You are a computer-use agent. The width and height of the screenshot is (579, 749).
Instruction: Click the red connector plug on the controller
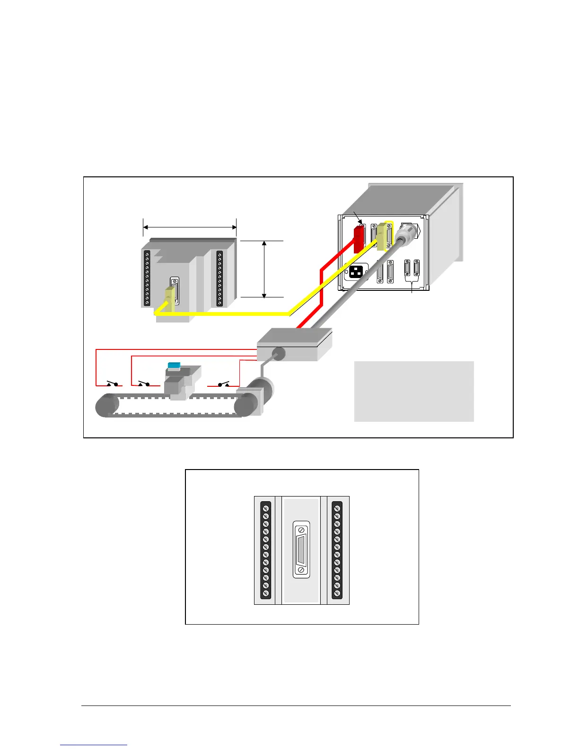coord(359,239)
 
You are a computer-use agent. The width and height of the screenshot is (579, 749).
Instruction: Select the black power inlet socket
coord(356,272)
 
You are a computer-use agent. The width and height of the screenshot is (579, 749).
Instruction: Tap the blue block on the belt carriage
coord(175,366)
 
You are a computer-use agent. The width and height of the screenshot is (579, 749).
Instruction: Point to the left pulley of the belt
coord(107,406)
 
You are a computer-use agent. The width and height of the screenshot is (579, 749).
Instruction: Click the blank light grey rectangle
coord(414,391)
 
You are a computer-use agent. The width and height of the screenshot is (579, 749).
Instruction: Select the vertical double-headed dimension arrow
coord(264,269)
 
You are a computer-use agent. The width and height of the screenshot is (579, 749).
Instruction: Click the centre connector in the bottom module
coord(301,550)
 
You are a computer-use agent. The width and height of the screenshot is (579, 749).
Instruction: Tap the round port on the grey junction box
coord(279,354)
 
